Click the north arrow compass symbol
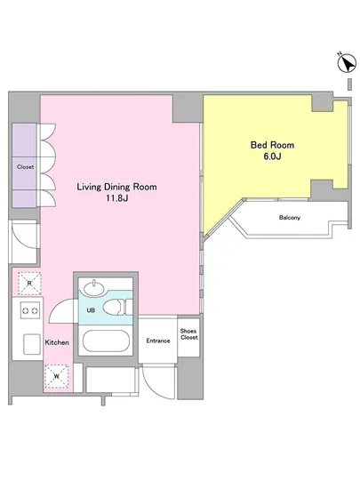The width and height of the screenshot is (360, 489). (x=347, y=63)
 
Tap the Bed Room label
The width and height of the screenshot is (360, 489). (x=272, y=145)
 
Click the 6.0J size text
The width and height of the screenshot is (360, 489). (x=272, y=156)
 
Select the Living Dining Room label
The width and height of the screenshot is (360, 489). (x=116, y=187)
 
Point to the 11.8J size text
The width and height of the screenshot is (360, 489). (x=116, y=198)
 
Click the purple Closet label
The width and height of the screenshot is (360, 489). (x=25, y=167)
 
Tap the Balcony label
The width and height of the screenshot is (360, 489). (x=290, y=218)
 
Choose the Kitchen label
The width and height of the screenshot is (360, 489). (x=57, y=342)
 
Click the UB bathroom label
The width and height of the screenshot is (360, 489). (x=91, y=310)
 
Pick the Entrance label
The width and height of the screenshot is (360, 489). (x=158, y=341)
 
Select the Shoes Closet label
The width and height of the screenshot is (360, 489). (x=188, y=334)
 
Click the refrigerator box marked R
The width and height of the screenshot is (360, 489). (x=29, y=284)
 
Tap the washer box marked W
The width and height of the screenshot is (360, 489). (x=56, y=376)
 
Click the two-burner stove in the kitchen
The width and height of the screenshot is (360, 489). (x=30, y=310)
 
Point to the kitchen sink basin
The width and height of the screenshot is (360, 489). (x=32, y=344)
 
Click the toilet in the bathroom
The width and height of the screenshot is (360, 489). (x=115, y=308)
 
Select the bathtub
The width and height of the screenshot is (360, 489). (x=106, y=341)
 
